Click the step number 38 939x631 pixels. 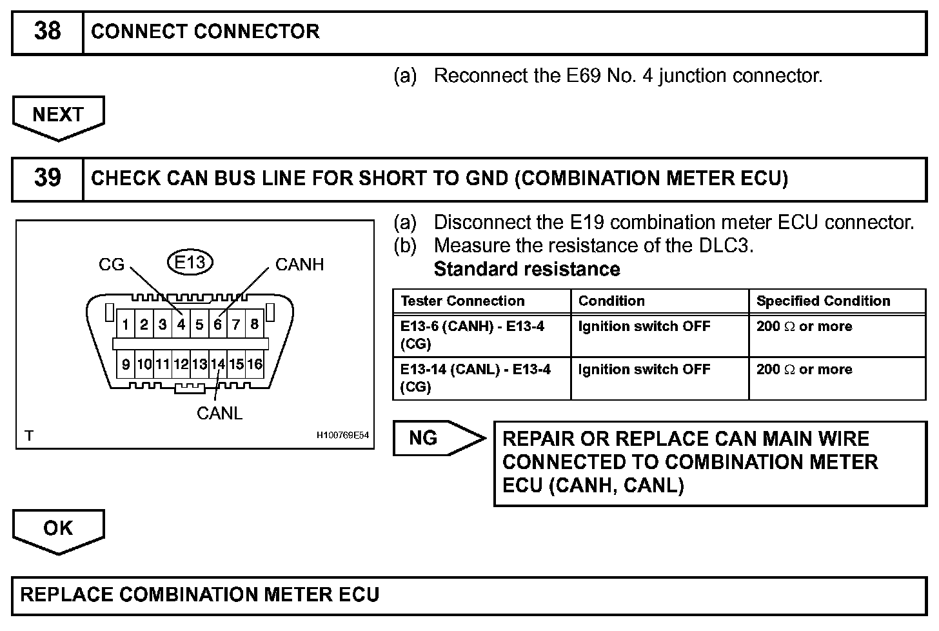coord(47,32)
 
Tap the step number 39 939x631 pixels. coord(47,178)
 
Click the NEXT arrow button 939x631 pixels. coord(58,115)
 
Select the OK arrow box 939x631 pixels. coord(58,529)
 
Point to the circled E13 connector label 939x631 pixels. coord(190,262)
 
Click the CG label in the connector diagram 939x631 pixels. coord(111,265)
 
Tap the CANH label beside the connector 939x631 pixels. coord(299,265)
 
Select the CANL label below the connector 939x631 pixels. coord(219,413)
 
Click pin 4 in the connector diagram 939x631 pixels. coord(181,325)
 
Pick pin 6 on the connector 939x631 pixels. coord(218,325)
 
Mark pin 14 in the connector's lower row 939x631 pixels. coord(218,365)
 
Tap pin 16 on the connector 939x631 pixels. coord(255,365)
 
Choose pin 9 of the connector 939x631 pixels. coord(126,365)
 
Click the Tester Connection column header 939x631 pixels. coord(462,301)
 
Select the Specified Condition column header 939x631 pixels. coord(823,301)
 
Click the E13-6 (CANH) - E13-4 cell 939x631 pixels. coord(472,335)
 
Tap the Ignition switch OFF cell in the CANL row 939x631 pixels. coord(644,370)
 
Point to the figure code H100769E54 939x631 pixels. coord(342,436)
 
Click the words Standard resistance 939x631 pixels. coord(527,269)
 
